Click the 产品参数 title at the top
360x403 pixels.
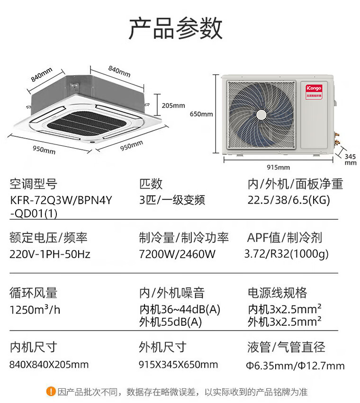(175, 28)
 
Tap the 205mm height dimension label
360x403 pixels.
(173, 106)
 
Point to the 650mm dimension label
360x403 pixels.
(201, 114)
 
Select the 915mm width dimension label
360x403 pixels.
(278, 167)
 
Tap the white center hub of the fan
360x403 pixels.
(261, 115)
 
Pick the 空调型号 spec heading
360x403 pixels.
(34, 184)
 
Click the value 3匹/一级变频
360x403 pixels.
(172, 200)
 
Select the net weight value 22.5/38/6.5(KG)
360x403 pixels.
(289, 200)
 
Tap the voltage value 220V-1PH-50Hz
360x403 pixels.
(50, 254)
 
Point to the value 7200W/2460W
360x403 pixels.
(177, 254)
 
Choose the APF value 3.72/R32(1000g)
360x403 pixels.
(287, 254)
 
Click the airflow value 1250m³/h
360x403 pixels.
(35, 309)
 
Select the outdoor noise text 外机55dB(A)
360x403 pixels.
(171, 322)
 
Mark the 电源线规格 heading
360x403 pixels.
(278, 293)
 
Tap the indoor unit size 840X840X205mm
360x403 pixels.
(49, 365)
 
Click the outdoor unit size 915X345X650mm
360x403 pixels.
(178, 365)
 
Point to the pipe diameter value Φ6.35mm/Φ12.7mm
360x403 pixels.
(295, 365)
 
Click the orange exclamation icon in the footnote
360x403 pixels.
(51, 392)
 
